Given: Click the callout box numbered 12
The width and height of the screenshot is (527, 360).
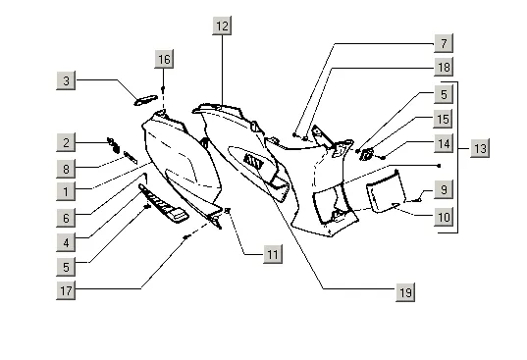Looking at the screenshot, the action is click(x=222, y=26).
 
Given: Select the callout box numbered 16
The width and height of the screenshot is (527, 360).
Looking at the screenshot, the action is click(x=164, y=59).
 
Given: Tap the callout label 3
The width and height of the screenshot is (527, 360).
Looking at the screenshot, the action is click(x=66, y=80).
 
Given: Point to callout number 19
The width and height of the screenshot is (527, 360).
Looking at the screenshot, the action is click(x=405, y=292).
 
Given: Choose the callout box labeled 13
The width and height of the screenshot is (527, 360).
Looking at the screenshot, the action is click(x=480, y=148).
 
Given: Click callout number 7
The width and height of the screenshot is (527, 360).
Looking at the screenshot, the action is click(x=444, y=43).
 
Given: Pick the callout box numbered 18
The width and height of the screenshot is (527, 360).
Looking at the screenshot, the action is click(x=444, y=67).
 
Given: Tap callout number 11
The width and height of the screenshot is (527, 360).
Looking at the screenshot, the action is click(x=273, y=254).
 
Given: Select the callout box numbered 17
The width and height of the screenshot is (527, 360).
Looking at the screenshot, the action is click(x=66, y=290).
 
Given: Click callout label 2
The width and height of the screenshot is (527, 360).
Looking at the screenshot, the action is click(x=66, y=142).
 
